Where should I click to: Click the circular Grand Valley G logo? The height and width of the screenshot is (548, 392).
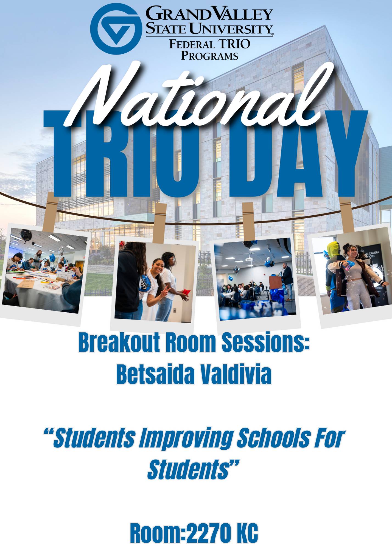(116, 29)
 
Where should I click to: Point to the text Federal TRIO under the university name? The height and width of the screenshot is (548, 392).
(209, 44)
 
